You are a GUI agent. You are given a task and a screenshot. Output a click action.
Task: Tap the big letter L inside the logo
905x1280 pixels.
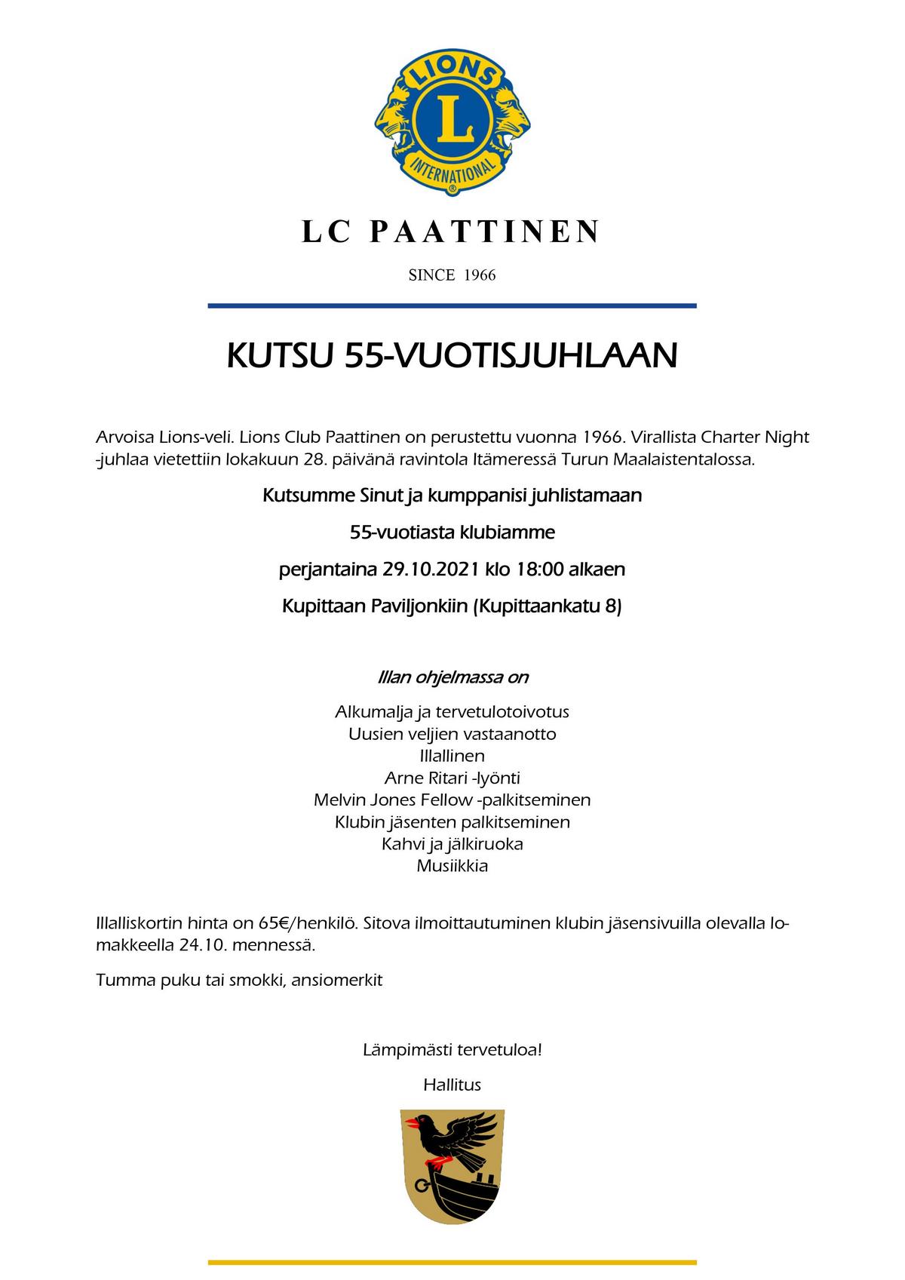click(x=452, y=121)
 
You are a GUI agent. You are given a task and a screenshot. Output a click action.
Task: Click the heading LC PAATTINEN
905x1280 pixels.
click(x=452, y=232)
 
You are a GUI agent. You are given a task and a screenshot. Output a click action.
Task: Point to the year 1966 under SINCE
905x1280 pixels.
click(x=480, y=275)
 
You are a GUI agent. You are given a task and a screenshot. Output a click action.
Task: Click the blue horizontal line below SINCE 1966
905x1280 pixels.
click(x=452, y=305)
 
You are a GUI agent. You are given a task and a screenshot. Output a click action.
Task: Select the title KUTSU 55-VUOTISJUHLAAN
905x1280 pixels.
click(x=452, y=355)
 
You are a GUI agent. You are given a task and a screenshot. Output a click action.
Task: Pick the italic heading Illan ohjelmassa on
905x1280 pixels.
click(x=452, y=677)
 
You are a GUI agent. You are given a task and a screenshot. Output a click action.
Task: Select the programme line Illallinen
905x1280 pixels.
click(x=452, y=755)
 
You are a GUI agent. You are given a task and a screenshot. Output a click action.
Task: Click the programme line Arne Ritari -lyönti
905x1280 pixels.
click(x=452, y=778)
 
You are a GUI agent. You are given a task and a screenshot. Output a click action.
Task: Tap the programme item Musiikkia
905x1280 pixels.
click(x=452, y=865)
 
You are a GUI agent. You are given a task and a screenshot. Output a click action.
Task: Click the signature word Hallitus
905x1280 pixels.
click(x=452, y=1085)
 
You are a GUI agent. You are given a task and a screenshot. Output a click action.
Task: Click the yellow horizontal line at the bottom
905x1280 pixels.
click(x=452, y=1262)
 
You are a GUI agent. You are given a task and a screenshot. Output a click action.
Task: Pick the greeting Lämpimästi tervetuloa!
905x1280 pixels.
click(x=452, y=1049)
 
